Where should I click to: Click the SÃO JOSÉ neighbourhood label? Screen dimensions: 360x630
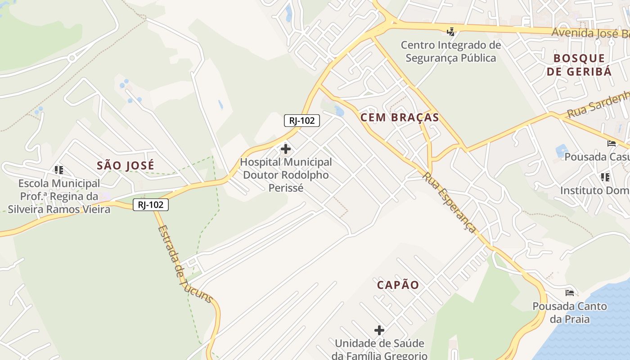(x=126, y=165)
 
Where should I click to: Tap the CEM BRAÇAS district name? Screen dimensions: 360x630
(x=400, y=117)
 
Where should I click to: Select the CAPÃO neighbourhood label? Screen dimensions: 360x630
(x=398, y=285)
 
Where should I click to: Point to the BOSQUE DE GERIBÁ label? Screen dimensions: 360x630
(x=579, y=65)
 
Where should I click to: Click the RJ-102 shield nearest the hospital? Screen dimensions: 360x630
(x=302, y=120)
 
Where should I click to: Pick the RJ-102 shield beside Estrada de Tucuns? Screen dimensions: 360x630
(x=150, y=205)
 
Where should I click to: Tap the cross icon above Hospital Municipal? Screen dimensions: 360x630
(x=285, y=148)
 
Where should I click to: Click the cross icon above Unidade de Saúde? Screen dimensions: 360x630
(x=379, y=330)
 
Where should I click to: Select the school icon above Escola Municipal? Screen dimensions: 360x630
(x=59, y=170)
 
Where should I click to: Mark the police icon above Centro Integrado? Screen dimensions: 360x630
(x=450, y=31)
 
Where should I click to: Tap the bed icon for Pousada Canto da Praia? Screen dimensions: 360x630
(x=570, y=293)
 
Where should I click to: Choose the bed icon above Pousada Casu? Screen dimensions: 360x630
(x=612, y=144)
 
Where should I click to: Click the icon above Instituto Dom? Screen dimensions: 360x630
(x=605, y=177)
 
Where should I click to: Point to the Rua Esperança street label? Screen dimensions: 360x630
(x=449, y=202)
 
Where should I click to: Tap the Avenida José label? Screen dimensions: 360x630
(x=590, y=33)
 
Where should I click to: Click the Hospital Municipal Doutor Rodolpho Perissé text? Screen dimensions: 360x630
(x=286, y=175)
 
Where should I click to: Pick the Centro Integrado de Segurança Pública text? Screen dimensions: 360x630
(x=450, y=51)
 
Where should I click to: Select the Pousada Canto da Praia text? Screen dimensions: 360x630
(x=570, y=313)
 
